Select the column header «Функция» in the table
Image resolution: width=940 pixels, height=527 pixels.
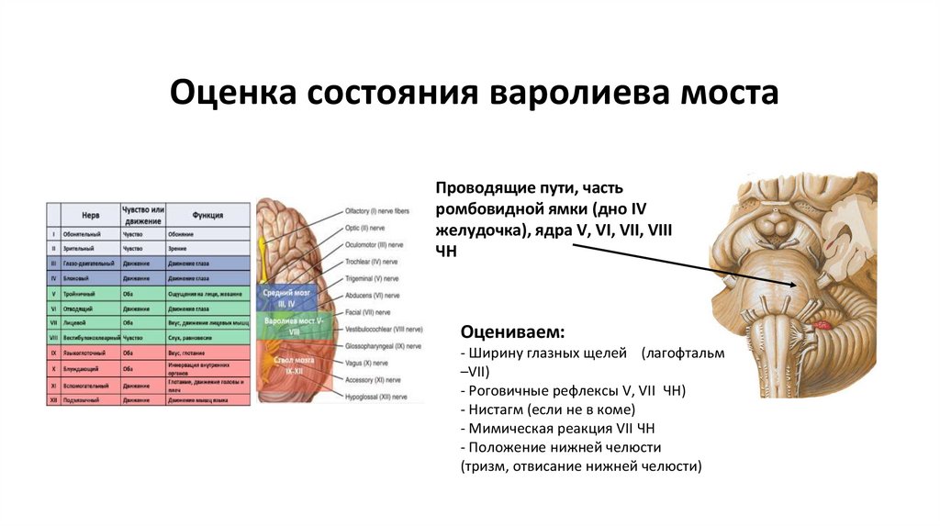[x=207, y=215]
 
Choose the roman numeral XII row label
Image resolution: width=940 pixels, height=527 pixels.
[x=54, y=400]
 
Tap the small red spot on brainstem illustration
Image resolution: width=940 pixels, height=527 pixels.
[x=822, y=324]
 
